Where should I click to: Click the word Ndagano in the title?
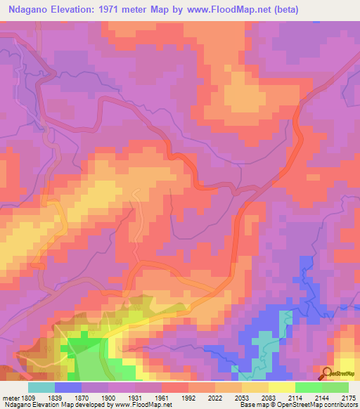coord(31,10)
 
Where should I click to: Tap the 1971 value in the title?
coord(122,10)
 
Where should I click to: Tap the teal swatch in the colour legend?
coord(41,387)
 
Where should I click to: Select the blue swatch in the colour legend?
coord(68,387)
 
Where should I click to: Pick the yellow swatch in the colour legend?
coord(282,387)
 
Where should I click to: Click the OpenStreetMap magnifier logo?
coord(328,373)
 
